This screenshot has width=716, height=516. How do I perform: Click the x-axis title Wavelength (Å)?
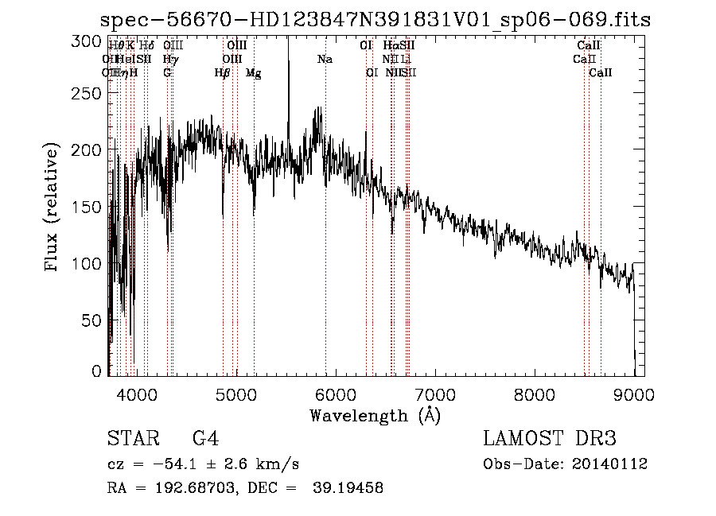[375, 415]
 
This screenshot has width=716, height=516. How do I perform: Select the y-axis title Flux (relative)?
[53, 208]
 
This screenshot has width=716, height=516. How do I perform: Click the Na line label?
[325, 59]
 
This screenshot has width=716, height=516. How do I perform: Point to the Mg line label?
[253, 73]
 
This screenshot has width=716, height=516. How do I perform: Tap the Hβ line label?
[223, 73]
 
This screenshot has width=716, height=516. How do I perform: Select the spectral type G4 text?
[206, 439]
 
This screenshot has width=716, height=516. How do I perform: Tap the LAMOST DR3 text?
[550, 439]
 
